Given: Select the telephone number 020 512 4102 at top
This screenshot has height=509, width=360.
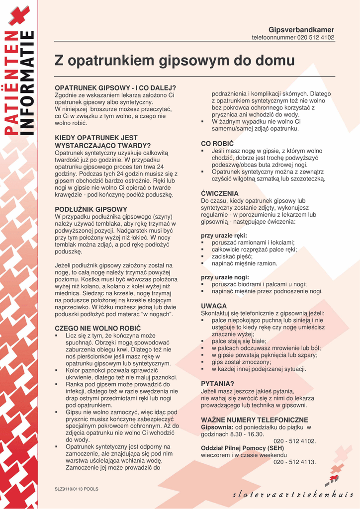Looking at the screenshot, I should click(x=316, y=37).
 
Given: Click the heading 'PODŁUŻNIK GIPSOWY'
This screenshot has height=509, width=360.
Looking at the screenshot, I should click(x=91, y=209).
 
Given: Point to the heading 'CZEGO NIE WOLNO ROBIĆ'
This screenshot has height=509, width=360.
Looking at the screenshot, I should click(x=97, y=329).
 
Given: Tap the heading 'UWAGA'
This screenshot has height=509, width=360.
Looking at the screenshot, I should click(x=214, y=306).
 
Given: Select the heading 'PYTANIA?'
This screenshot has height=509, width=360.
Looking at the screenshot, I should click(x=217, y=384).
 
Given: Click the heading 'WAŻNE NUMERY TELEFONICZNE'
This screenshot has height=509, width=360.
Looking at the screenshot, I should click(x=255, y=420).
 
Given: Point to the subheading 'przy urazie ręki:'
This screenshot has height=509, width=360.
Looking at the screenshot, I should click(x=224, y=235).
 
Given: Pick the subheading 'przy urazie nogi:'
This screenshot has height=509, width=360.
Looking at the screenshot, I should click(x=225, y=277).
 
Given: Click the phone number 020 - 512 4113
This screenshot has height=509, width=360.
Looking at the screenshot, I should click(x=294, y=462).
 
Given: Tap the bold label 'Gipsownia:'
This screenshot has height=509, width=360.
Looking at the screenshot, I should click(x=217, y=427).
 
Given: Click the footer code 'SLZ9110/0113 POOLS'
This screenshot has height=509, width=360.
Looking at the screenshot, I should click(x=77, y=489).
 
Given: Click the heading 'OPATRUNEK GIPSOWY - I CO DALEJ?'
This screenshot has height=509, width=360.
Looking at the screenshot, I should click(x=115, y=88).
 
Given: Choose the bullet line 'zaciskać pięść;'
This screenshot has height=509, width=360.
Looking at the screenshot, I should click(x=232, y=256).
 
